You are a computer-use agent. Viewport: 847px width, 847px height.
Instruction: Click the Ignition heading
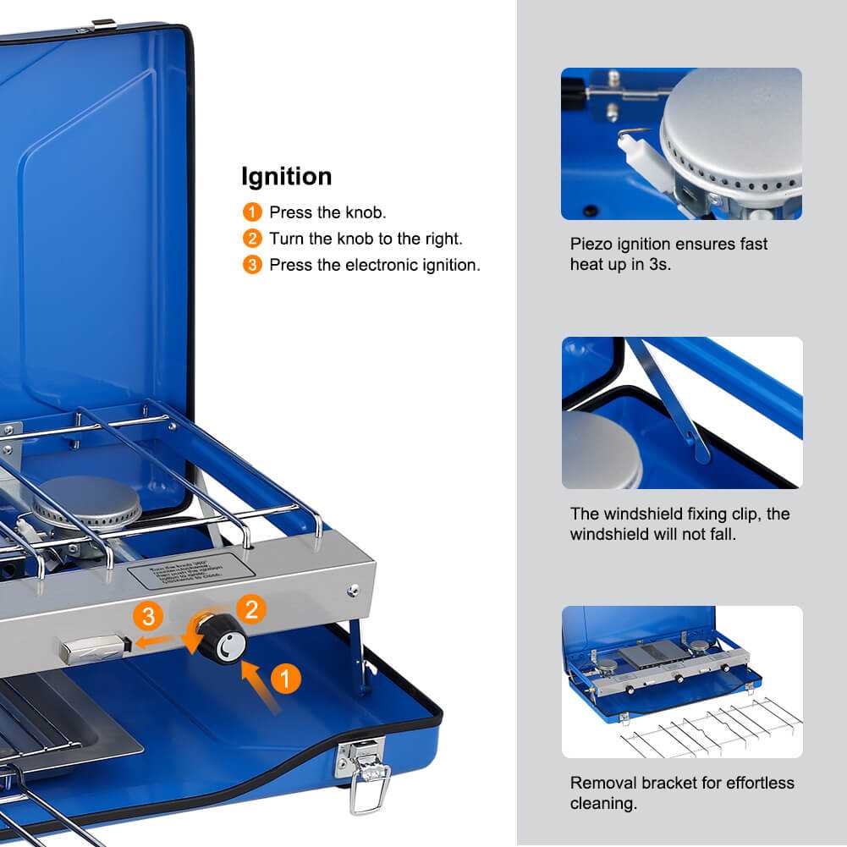coord(286,177)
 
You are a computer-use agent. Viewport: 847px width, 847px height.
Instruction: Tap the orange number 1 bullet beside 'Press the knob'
coord(252,212)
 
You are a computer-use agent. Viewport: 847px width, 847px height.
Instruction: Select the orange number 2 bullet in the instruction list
coord(252,239)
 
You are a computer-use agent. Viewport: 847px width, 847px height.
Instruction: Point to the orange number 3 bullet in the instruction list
coord(252,265)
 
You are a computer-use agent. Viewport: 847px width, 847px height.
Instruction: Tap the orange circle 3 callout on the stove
coord(149,616)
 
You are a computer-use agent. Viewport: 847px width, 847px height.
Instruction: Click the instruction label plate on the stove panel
coord(190,572)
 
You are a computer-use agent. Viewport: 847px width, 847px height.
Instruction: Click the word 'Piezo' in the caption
coord(590,245)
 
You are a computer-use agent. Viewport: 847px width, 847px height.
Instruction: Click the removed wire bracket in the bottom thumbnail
coord(711,729)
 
